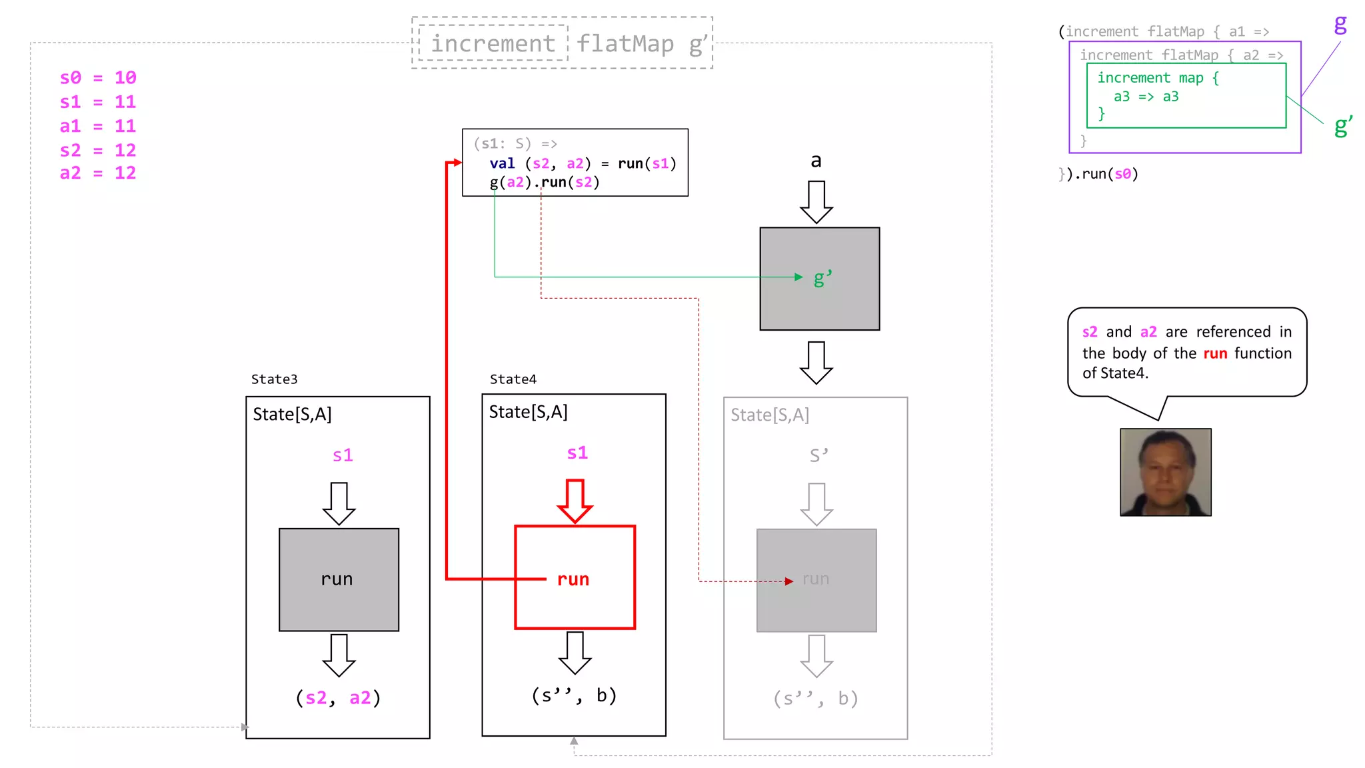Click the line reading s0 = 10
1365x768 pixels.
[x=98, y=78]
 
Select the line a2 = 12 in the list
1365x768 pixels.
[x=98, y=173]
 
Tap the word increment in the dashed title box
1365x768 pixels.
[x=493, y=43]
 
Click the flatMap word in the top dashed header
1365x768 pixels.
[x=625, y=43]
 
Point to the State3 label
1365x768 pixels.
[x=274, y=379]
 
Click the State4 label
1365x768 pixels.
[x=513, y=379]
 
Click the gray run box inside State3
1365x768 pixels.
[x=339, y=579]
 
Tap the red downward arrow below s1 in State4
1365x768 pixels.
[x=575, y=501]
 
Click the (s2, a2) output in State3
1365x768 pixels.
[x=338, y=698]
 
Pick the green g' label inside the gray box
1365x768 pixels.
[x=822, y=278]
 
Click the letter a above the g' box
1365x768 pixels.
[x=816, y=161]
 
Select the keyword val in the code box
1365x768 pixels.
[x=502, y=164]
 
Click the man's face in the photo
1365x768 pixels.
[x=1164, y=470]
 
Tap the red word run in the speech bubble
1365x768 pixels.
[x=1214, y=353]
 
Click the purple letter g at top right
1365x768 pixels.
[x=1340, y=25]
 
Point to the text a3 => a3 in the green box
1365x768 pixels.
[x=1146, y=97]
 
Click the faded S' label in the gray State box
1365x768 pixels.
[x=818, y=455]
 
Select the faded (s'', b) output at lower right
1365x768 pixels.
[x=815, y=699]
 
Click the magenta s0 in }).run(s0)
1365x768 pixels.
[x=1122, y=174]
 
